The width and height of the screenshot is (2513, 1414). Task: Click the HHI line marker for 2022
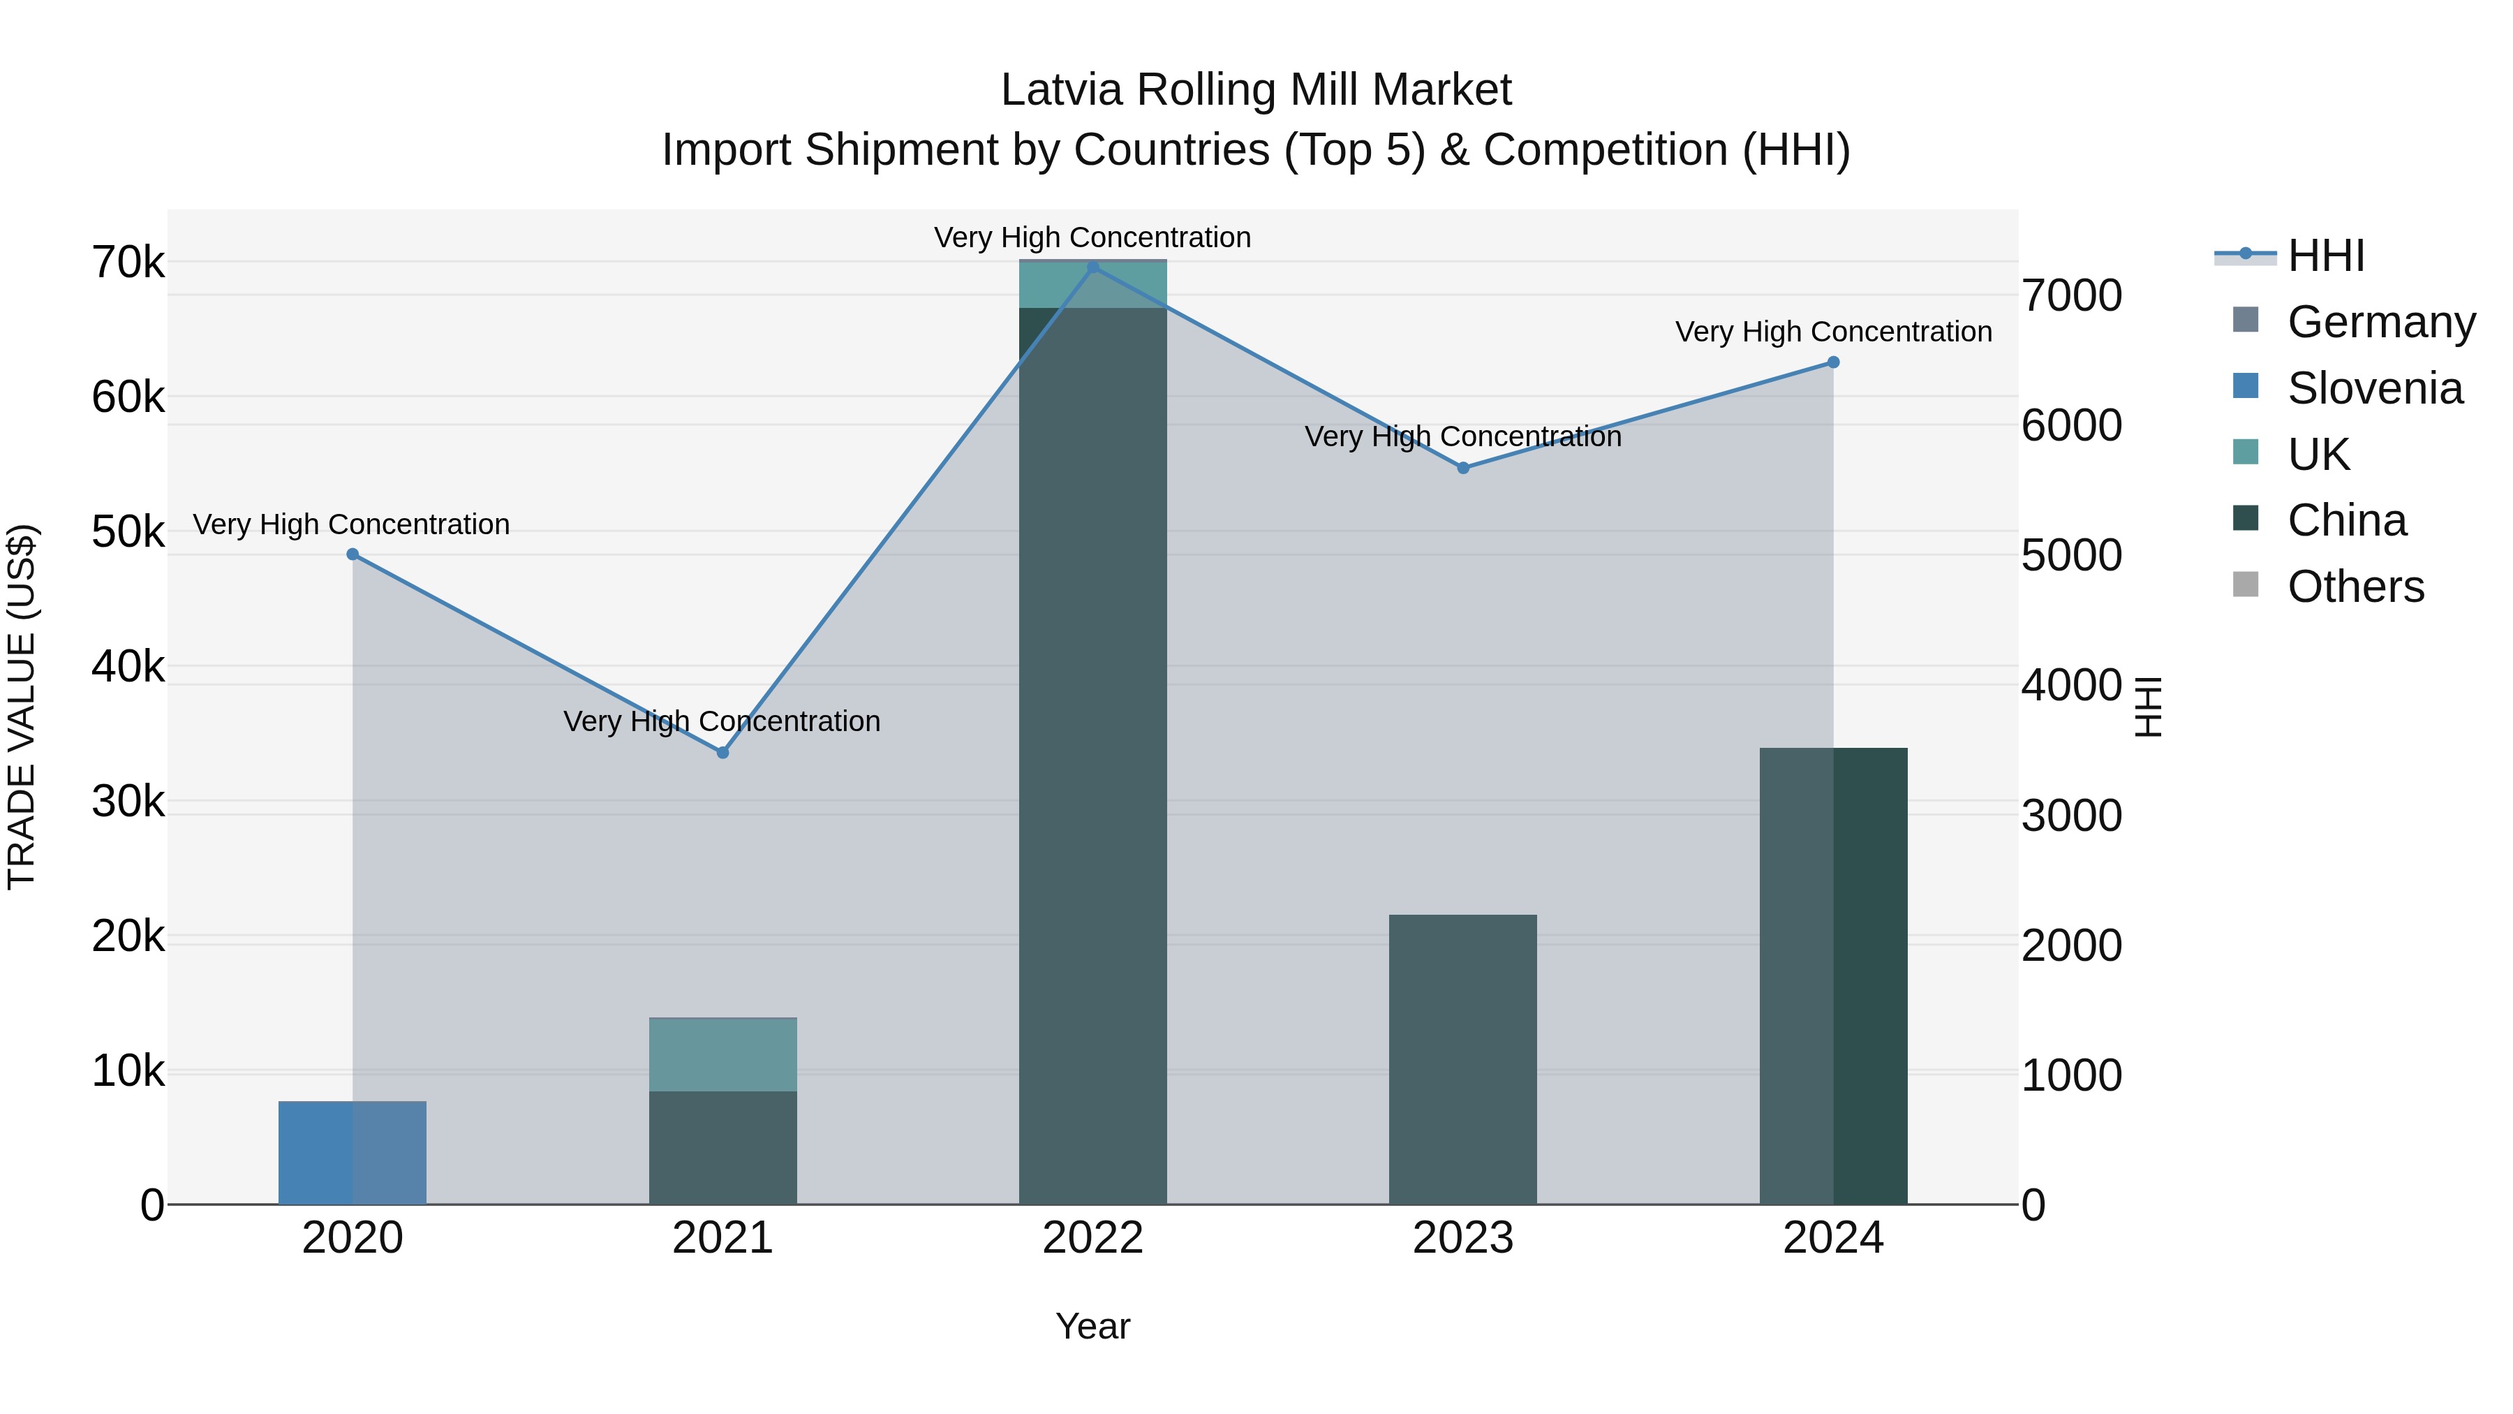1092,267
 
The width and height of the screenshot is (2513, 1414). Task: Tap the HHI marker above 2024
1833,362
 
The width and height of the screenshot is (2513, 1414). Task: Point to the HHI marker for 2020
353,554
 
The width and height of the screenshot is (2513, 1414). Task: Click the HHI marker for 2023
1463,467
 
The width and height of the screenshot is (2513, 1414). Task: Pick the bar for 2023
1463,1059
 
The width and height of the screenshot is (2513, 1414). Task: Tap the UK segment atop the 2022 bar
1092,285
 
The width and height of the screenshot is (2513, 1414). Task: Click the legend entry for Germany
2380,321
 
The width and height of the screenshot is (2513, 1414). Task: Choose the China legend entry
2346,520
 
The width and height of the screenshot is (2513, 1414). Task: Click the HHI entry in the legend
2326,256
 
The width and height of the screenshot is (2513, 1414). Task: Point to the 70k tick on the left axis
128,262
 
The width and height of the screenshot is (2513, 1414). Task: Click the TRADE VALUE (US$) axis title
22,707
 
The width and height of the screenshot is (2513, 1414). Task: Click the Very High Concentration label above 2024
1833,332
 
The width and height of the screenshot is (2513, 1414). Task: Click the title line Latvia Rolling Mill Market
1256,90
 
